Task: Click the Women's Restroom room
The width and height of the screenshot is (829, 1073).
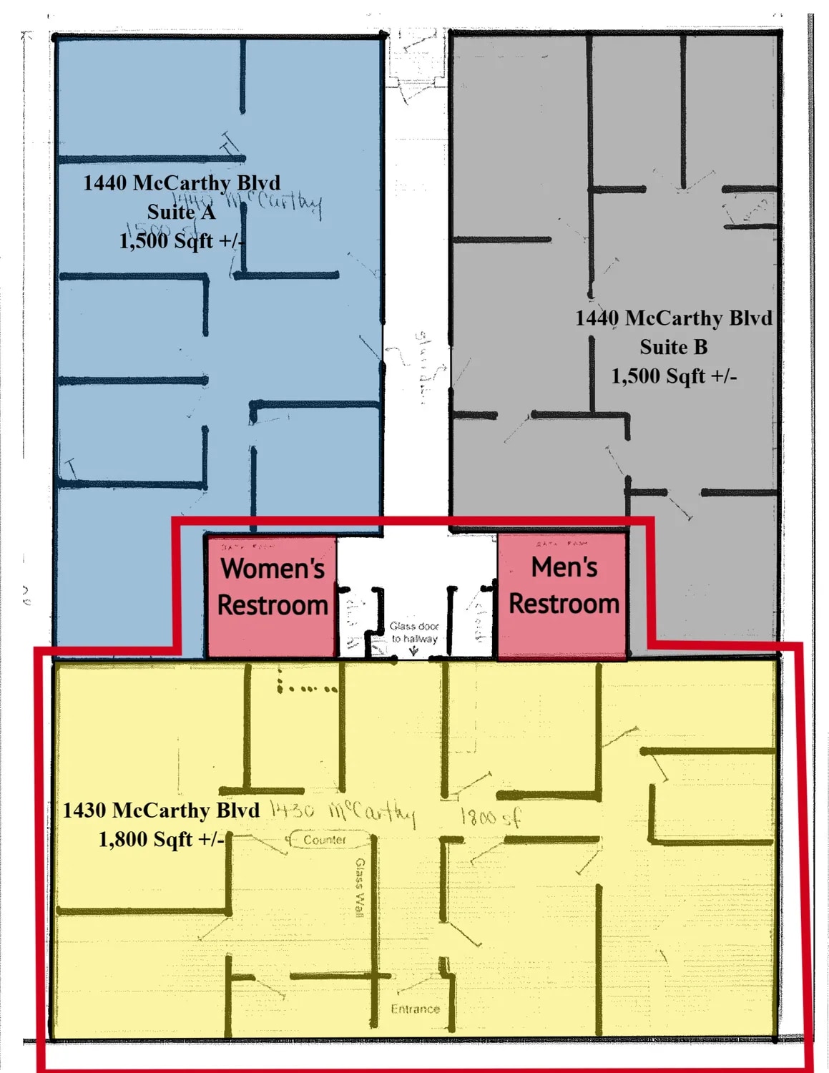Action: coord(271,594)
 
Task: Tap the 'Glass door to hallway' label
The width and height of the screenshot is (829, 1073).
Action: coord(414,632)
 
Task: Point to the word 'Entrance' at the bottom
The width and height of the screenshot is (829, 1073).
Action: coord(415,1009)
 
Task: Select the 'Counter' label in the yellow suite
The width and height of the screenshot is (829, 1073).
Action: coord(325,840)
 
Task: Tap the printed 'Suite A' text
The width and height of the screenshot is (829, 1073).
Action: coord(181,212)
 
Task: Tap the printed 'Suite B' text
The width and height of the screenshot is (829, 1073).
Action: coord(673,348)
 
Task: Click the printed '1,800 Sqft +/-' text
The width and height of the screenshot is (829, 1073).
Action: coord(161,839)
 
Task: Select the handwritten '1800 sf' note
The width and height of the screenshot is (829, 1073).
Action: coord(490,816)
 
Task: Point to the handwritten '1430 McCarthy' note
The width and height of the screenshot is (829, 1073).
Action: coord(342,812)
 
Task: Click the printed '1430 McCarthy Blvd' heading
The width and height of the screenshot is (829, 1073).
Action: coord(161,810)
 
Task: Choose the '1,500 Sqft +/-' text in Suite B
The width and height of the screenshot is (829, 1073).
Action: coord(673,376)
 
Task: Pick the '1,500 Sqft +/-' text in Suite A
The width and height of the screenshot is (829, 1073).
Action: coord(181,241)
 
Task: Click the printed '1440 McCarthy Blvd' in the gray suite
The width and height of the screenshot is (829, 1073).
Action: coord(673,318)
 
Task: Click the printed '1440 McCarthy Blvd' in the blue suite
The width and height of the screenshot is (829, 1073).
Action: coord(181,183)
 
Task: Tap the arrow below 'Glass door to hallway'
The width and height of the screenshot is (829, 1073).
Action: coord(414,651)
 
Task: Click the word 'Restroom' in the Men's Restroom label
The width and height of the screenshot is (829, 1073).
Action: coord(564,604)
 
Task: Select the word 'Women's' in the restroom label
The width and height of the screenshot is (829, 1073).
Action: coord(273,569)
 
